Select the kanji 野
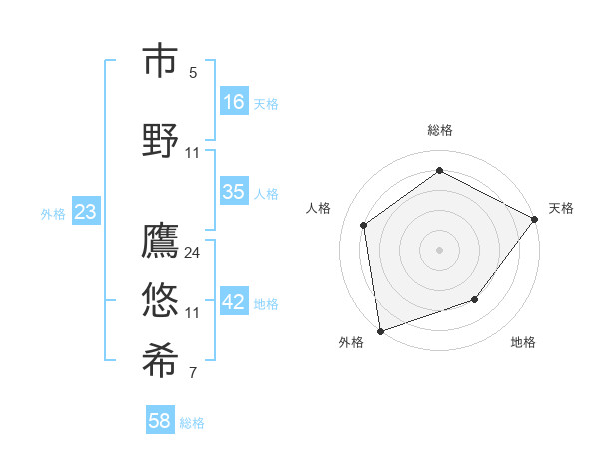coord(160,140)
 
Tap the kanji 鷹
coord(160,241)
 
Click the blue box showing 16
coord(234,102)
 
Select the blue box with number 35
coord(234,192)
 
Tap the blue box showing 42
coord(234,302)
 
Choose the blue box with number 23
coord(85,212)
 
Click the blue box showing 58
coord(160,421)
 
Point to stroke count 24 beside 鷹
coord(193,252)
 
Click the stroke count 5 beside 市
coord(193,72)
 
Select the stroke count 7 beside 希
coord(193,373)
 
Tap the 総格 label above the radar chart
coord(440,130)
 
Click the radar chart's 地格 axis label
coord(523,342)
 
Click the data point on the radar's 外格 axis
coord(380,330)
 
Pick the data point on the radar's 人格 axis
coord(364,225)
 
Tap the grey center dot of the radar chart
coord(440,249)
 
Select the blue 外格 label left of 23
coord(53,213)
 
